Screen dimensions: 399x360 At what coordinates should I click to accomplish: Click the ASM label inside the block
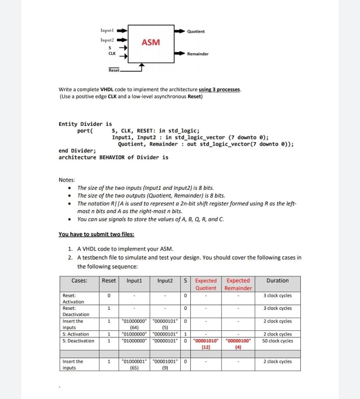151,42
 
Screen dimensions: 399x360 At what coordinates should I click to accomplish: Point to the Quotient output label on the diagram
196,31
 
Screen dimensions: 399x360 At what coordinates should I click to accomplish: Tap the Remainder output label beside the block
198,54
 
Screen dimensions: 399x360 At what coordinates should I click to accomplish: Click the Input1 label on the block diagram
106,30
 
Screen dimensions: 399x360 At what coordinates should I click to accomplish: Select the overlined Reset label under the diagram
114,70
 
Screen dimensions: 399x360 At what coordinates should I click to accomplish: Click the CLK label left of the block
112,53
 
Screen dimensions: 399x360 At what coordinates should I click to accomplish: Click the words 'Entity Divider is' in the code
85,124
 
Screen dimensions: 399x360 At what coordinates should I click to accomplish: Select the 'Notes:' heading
67,180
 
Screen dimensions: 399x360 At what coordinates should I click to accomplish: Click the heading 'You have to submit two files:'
96,234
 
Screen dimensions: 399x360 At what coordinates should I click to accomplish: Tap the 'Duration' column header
278,281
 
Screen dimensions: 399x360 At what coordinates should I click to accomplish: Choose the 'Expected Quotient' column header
206,284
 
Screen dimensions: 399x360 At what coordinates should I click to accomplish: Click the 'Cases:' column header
80,281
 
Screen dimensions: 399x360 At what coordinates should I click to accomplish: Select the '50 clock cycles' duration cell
278,341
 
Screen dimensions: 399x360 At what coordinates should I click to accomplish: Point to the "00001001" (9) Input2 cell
165,364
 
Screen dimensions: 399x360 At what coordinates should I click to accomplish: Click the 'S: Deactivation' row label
78,341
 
